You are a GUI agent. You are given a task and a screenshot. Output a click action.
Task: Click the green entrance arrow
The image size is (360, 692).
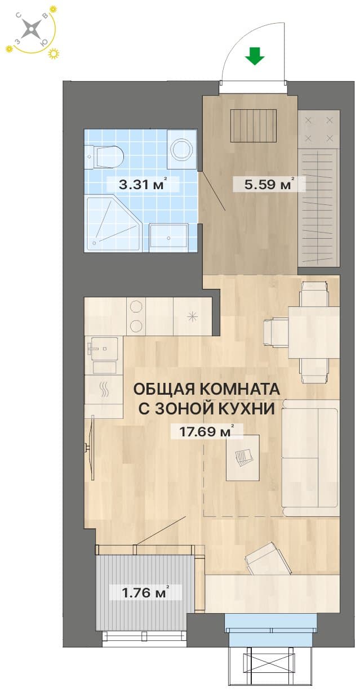[255, 56]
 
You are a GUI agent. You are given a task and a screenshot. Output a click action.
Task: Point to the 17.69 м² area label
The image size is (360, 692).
[206, 431]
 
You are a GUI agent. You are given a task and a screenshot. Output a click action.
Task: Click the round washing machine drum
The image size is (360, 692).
[182, 149]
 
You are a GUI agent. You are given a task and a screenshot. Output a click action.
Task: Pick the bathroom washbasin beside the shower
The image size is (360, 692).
[168, 237]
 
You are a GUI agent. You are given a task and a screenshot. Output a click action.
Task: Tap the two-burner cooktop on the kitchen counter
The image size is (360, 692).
[136, 316]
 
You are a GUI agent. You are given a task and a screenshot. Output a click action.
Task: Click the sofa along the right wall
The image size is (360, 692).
[310, 458]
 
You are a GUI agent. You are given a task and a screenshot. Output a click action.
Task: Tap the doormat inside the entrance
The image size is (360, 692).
[254, 126]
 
